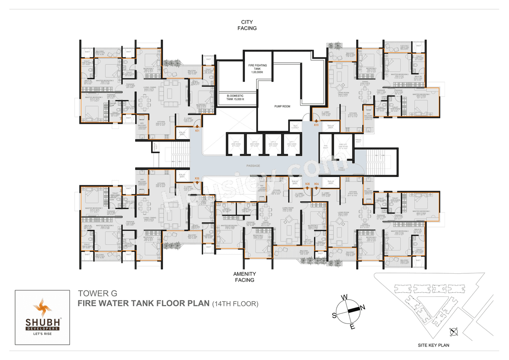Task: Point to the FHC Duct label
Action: [x=325, y=147]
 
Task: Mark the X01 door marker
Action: [x=197, y=130]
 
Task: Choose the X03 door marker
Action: [x=316, y=125]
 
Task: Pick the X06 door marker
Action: [x=197, y=178]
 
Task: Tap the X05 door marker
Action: [x=307, y=183]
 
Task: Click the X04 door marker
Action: [x=317, y=183]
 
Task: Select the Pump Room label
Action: [x=282, y=107]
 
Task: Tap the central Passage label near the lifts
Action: [x=253, y=165]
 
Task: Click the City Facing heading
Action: [x=247, y=25]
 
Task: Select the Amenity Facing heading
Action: [x=245, y=277]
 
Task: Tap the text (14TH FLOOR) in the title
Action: [x=235, y=304]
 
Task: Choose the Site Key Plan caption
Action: [x=434, y=345]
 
